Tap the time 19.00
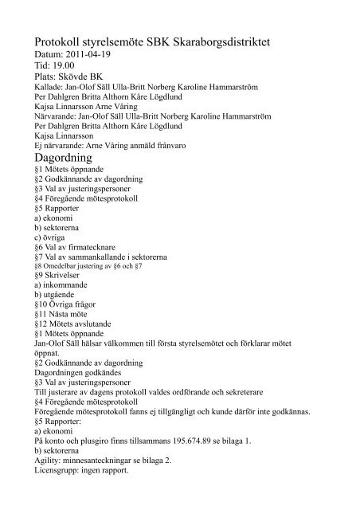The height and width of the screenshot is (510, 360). [x=65, y=65]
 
